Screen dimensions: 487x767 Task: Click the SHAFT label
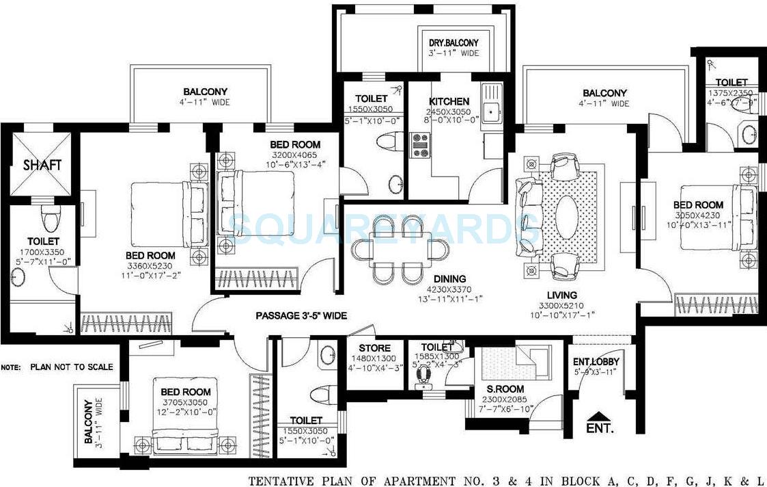[42, 165]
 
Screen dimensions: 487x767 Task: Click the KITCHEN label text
[449, 101]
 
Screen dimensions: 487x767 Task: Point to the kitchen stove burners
[419, 145]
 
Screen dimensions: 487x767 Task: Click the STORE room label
[374, 348]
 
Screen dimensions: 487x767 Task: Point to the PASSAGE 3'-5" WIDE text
[301, 315]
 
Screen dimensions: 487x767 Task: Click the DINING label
[449, 278]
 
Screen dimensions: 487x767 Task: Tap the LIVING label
[561, 295]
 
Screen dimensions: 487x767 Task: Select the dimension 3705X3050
[185, 402]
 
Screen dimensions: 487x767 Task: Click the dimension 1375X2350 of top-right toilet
[731, 94]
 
